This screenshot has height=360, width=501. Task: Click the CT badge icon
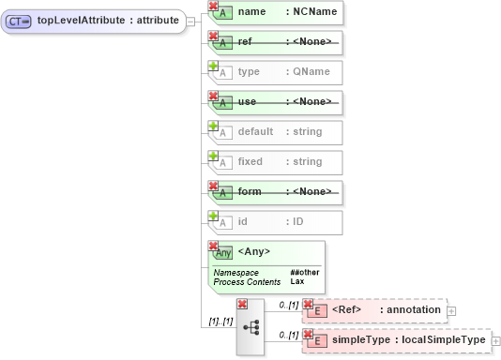pyautogui.click(x=20, y=20)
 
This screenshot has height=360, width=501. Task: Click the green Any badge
pyautogui.click(x=222, y=252)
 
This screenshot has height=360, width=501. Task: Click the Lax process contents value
pyautogui.click(x=296, y=281)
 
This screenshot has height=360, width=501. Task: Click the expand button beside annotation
pyautogui.click(x=451, y=310)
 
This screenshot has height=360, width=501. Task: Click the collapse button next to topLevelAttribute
pyautogui.click(x=191, y=20)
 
